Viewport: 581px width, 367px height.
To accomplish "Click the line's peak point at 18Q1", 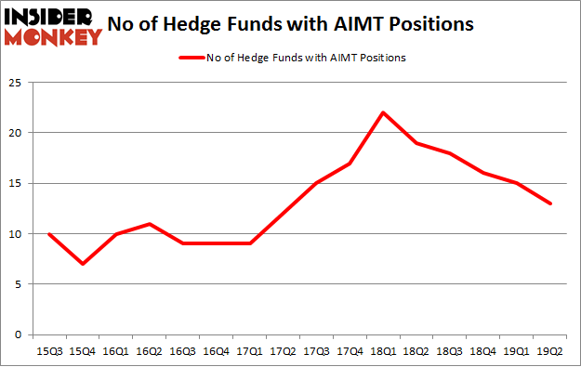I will click(383, 112).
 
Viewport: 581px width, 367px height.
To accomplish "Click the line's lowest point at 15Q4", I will click(82, 264).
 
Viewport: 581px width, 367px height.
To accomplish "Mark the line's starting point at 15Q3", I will click(48, 233).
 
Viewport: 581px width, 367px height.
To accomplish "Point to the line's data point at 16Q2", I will click(149, 224).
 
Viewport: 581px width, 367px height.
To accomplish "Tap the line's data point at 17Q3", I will click(316, 183).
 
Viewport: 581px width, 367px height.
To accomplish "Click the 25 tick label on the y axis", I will click(19, 83).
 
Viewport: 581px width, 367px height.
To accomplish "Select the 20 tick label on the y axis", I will click(19, 133).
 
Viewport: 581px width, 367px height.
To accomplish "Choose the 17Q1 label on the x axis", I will click(249, 351).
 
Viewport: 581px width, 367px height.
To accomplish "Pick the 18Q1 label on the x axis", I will click(383, 351).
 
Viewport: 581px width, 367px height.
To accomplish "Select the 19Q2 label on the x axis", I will click(550, 351).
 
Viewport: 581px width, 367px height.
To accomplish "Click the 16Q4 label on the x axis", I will click(216, 351).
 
